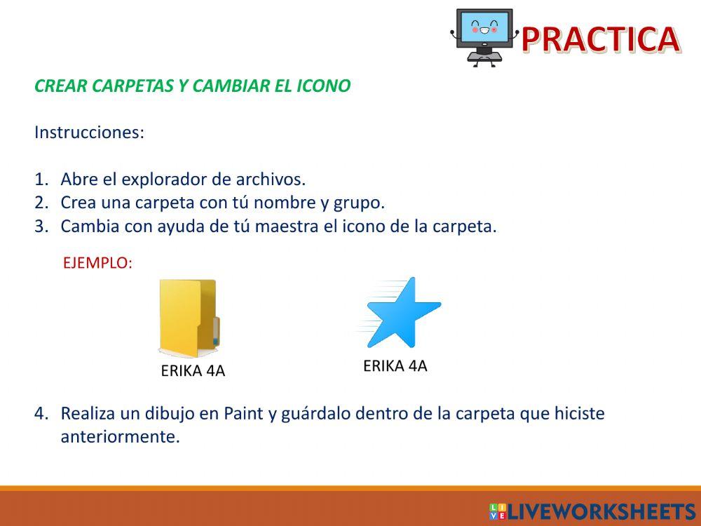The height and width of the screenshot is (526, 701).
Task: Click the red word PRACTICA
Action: (x=600, y=39)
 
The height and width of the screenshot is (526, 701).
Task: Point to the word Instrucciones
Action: (x=89, y=133)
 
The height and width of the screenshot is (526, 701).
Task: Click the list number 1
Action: (x=40, y=180)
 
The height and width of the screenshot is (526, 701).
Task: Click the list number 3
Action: (x=41, y=227)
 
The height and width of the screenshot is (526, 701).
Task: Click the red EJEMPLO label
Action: (x=97, y=263)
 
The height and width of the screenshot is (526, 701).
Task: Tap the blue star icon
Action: (x=402, y=313)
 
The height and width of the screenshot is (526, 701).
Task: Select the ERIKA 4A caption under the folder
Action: (x=193, y=371)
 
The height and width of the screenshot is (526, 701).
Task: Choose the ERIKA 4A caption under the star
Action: (x=395, y=365)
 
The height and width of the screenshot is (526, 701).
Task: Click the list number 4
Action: (x=41, y=414)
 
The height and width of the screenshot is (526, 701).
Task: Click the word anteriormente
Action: (x=120, y=437)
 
